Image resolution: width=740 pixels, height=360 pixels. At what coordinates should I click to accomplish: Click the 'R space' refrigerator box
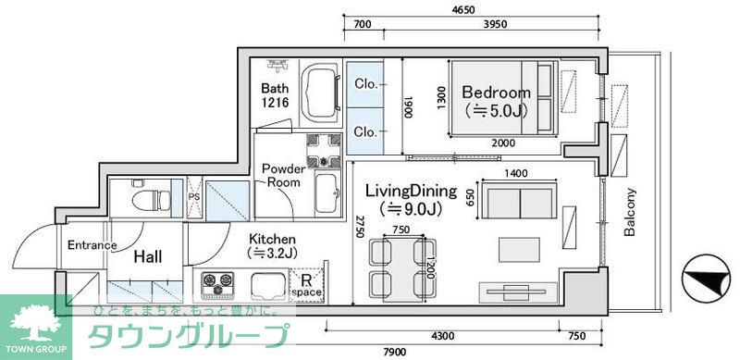pos(306,285)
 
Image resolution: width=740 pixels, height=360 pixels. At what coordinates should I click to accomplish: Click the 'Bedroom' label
pos(496,93)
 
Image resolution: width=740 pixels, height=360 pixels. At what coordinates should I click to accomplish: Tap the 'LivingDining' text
pos(411,192)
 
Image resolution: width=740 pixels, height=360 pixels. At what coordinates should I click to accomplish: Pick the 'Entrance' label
pos(92,245)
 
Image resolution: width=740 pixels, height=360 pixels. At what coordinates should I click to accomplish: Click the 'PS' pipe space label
pos(194,196)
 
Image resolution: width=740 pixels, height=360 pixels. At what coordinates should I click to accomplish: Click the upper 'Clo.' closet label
pos(366,82)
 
